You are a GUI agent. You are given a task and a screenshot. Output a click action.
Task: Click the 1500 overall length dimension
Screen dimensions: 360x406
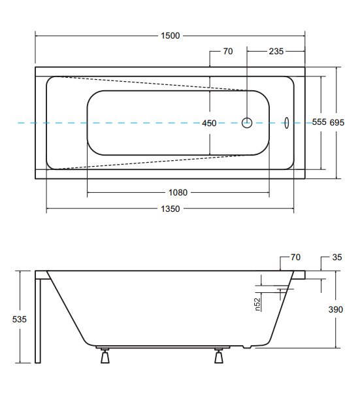click(170, 35)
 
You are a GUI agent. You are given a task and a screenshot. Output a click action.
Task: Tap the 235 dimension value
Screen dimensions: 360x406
click(276, 51)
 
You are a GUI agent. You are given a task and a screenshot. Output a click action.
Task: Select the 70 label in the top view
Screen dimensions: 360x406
click(228, 51)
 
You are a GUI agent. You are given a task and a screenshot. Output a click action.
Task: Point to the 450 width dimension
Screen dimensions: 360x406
click(209, 123)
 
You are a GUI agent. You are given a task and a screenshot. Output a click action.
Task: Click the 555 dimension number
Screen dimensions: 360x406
click(319, 122)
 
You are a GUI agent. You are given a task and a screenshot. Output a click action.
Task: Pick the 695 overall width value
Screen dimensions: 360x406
click(336, 122)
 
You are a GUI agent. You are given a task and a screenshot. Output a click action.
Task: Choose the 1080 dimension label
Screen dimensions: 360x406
click(178, 192)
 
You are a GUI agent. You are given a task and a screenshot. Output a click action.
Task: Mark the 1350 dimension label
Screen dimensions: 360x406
click(170, 209)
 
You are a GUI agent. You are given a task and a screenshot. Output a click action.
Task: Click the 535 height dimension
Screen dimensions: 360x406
click(20, 319)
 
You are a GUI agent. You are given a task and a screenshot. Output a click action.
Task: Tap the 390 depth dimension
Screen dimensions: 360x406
click(335, 309)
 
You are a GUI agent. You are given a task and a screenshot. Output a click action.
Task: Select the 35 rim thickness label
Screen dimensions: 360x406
click(337, 257)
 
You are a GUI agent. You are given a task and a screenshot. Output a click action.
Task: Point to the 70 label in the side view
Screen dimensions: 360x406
click(295, 257)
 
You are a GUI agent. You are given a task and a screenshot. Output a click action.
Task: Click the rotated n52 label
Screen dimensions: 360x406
click(257, 304)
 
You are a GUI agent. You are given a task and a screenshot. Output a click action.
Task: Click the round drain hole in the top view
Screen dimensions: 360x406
click(247, 123)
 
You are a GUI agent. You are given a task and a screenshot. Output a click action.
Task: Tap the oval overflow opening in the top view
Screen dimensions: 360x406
click(287, 123)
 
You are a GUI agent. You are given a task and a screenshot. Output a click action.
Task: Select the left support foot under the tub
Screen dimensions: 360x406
click(105, 356)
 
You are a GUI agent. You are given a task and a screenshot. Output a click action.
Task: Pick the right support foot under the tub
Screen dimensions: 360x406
click(219, 356)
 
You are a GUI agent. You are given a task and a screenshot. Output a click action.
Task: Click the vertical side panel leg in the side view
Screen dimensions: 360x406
click(38, 320)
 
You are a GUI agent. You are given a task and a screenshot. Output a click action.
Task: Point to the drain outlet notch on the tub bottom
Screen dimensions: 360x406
click(247, 347)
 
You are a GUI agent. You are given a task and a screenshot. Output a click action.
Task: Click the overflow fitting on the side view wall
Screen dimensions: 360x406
click(284, 291)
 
